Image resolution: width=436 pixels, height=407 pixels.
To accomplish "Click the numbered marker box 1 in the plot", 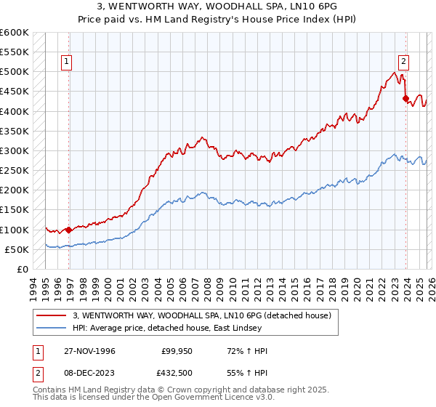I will click(x=66, y=63).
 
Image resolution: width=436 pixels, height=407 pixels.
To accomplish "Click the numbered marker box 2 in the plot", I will click(x=403, y=63).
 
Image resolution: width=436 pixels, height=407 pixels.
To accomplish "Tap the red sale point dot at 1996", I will click(x=69, y=230).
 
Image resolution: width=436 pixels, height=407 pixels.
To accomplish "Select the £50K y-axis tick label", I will click(x=17, y=249).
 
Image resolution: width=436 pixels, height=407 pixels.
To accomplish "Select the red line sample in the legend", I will click(x=52, y=315).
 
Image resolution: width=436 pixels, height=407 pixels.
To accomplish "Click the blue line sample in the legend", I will click(x=52, y=328).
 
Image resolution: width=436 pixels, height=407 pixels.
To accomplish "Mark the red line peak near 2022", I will click(x=393, y=72).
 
